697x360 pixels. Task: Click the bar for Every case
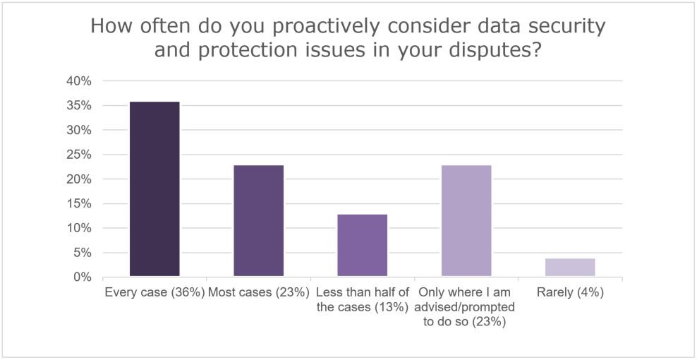(x=154, y=188)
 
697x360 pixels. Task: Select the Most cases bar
(x=259, y=220)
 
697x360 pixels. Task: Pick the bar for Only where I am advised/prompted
(x=466, y=220)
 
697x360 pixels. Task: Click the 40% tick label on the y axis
(x=80, y=81)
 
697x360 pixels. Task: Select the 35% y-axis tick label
(x=80, y=106)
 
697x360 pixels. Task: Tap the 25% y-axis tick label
(x=80, y=155)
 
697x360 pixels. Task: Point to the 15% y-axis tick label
(x=80, y=204)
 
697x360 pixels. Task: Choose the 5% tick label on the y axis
(x=83, y=253)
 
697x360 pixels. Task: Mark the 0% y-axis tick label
(x=83, y=277)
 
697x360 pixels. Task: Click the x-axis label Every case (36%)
(x=154, y=292)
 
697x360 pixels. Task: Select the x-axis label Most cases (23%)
(x=259, y=292)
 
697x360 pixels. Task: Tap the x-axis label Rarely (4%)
(x=570, y=292)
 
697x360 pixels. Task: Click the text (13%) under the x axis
(x=392, y=306)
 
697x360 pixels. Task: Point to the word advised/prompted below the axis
(x=466, y=306)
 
